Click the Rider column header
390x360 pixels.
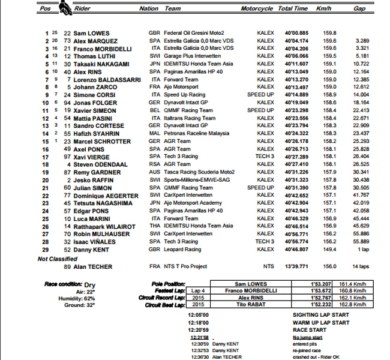coord(82,9)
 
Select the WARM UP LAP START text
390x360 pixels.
coord(321,322)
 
